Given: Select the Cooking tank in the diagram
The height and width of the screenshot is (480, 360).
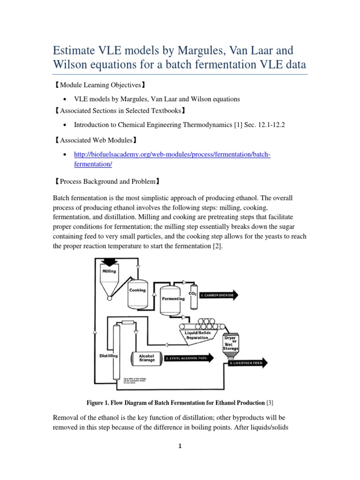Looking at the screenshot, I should [137, 293].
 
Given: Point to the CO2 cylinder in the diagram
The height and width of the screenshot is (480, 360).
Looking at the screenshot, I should [193, 295].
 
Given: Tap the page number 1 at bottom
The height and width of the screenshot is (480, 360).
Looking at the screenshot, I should [180, 460].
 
